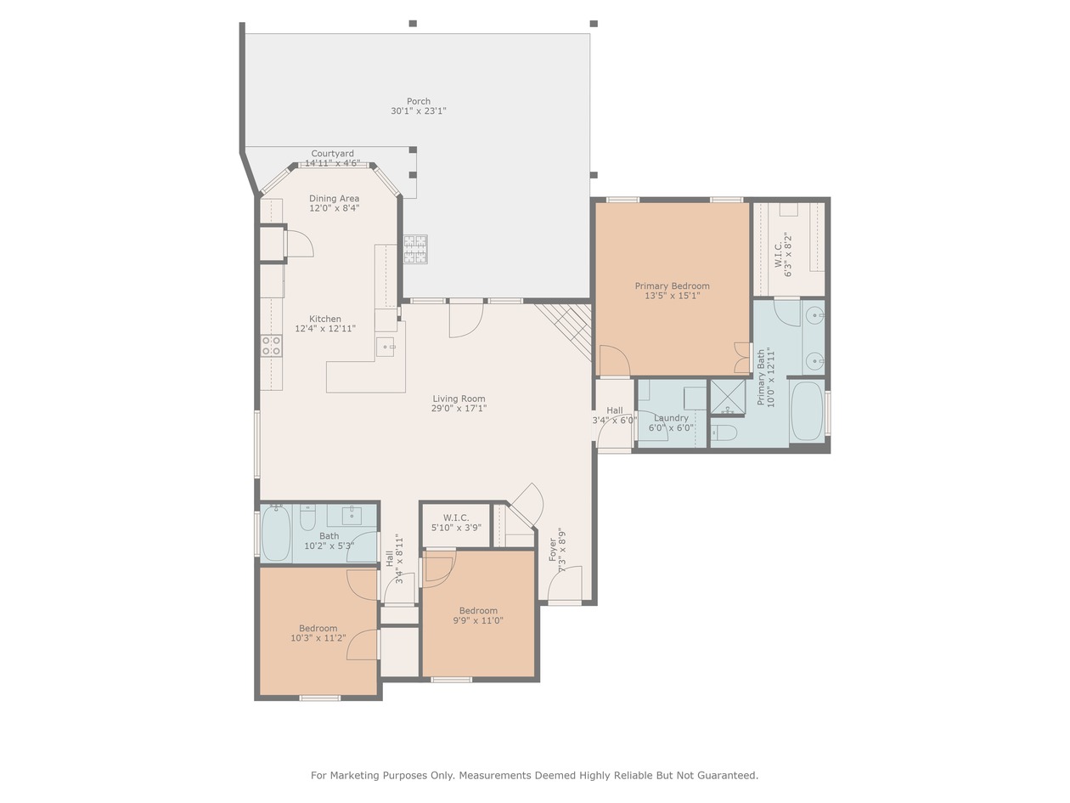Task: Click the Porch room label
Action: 419,101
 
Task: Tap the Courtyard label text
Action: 332,154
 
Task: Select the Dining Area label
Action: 334,199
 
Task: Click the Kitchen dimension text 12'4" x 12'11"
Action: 325,329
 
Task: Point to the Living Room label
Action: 459,399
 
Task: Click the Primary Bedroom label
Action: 673,286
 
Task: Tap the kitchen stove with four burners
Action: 271,345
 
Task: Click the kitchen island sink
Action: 385,347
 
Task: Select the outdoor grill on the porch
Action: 415,249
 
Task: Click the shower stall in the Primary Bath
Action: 728,398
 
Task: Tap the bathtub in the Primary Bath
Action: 808,410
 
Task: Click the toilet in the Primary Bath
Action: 726,433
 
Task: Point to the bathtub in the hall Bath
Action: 276,533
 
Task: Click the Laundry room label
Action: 671,418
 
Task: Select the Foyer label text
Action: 553,550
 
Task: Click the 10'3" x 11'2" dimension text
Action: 318,637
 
